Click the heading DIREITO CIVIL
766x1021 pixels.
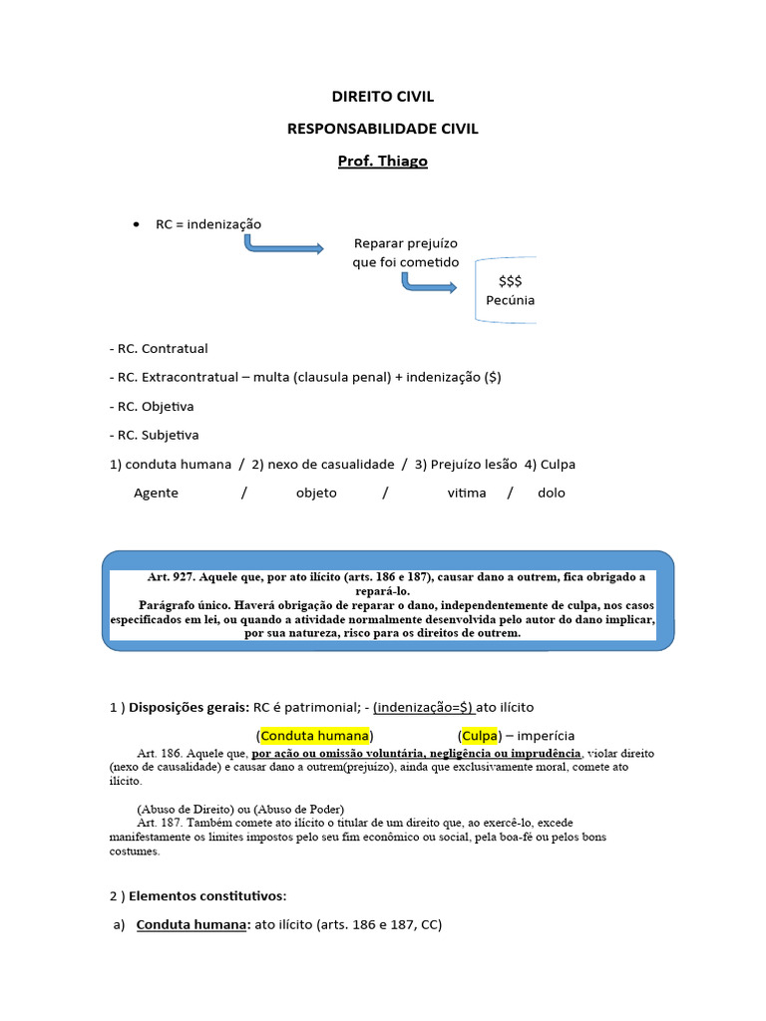point(382,97)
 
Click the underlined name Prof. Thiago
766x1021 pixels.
point(382,161)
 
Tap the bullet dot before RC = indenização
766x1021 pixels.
point(136,224)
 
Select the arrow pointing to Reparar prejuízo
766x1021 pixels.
point(283,245)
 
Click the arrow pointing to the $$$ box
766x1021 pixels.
point(429,284)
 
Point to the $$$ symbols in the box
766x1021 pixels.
point(510,281)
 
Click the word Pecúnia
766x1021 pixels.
point(510,300)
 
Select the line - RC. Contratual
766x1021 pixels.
point(159,349)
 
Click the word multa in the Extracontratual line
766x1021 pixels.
point(271,378)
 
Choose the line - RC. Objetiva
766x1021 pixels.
point(152,407)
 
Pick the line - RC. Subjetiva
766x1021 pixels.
point(154,435)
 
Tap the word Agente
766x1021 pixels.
point(156,493)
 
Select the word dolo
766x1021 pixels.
point(551,493)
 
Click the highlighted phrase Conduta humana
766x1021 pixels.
point(315,736)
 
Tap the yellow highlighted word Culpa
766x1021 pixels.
point(480,736)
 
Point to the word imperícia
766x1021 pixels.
point(545,736)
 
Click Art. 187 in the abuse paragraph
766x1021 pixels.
point(159,823)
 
